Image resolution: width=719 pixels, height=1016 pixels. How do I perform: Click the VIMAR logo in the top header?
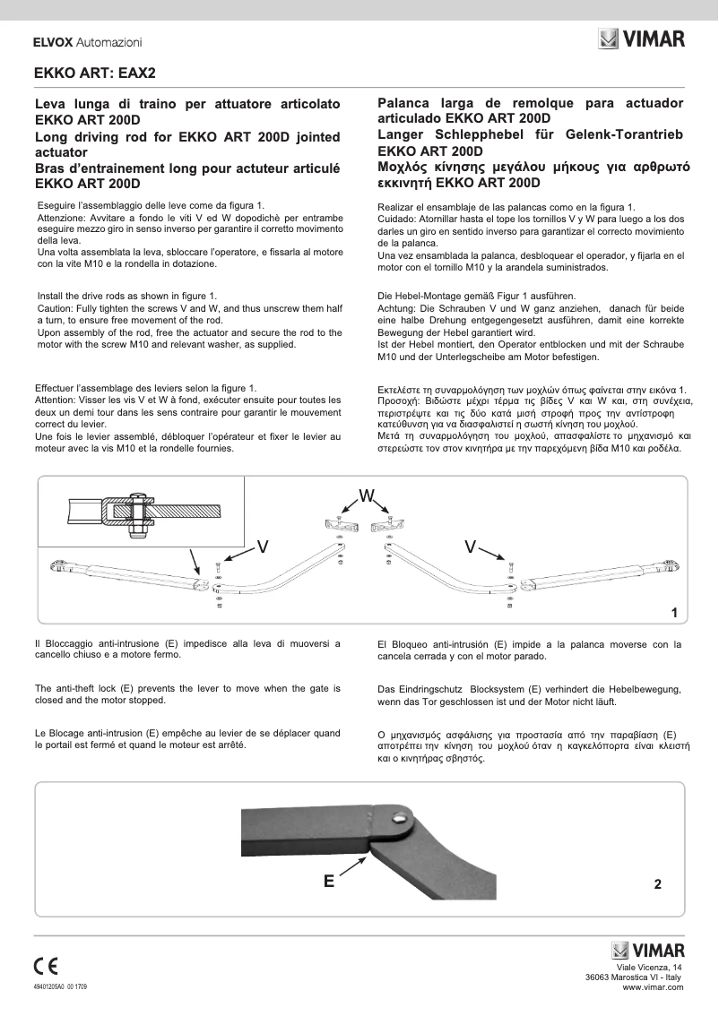641,39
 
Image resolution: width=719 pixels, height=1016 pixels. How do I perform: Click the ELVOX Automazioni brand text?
87,42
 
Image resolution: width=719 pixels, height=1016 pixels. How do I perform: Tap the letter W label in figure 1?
367,495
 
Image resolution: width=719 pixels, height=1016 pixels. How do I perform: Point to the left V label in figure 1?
264,546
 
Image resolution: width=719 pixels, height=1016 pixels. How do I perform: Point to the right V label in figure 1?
472,546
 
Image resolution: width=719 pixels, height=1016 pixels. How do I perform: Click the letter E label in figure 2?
329,882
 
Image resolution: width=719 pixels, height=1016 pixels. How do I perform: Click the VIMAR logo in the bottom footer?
647,950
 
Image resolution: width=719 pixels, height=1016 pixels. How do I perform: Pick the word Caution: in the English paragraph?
58,307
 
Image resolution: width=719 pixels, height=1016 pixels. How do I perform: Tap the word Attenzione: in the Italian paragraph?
65,218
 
